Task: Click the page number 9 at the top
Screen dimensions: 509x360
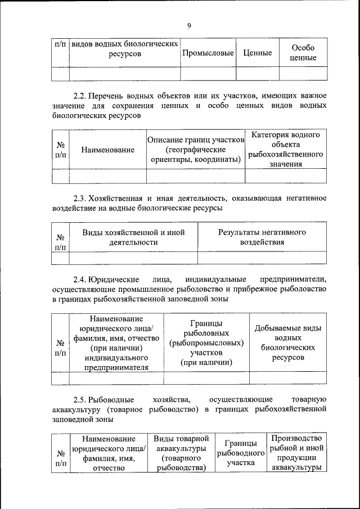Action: coord(190,26)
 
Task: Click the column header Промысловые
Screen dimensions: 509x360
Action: coord(208,53)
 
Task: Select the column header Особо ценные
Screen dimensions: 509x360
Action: coord(303,53)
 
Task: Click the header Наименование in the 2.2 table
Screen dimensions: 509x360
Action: coord(107,150)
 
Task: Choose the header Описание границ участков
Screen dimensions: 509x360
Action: coord(195,150)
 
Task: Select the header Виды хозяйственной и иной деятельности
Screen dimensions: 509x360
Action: coord(133,237)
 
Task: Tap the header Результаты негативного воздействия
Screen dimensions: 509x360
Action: coord(262,237)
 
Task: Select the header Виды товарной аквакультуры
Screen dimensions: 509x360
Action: coord(181,452)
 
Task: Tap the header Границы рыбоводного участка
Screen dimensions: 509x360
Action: coord(241,453)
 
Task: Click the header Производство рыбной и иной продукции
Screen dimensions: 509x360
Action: coord(296,452)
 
